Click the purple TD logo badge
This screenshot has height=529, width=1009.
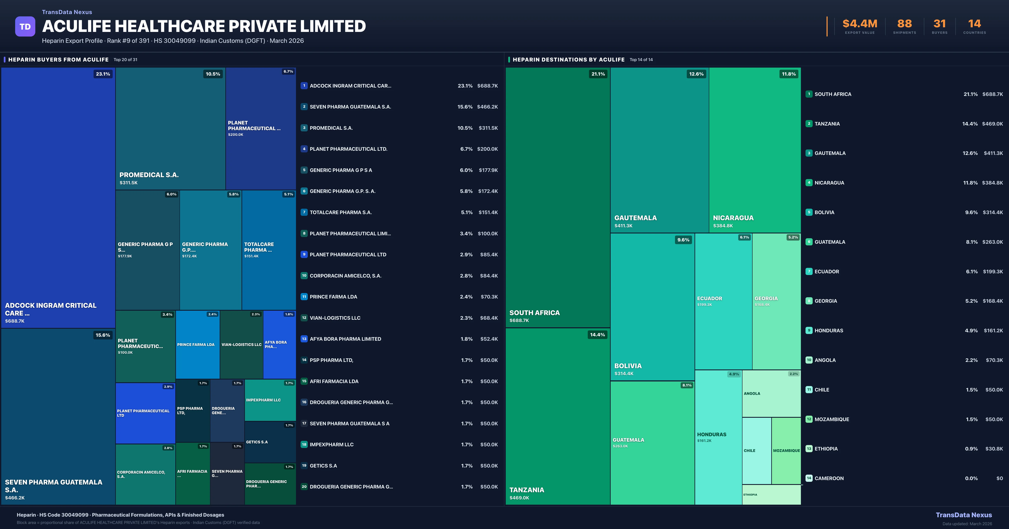pyautogui.click(x=25, y=27)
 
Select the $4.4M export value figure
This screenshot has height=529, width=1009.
pyautogui.click(x=860, y=24)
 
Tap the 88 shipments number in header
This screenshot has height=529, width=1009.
pyautogui.click(x=904, y=24)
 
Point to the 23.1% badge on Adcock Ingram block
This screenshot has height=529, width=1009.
pyautogui.click(x=103, y=74)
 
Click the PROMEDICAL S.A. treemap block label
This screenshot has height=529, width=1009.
pyautogui.click(x=149, y=175)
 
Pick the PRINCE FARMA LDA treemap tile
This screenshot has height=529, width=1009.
pyautogui.click(x=197, y=345)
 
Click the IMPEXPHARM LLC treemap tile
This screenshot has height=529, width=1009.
pyautogui.click(x=270, y=400)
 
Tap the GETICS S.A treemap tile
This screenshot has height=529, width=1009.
pyautogui.click(x=270, y=442)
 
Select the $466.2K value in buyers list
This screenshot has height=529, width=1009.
pyautogui.click(x=487, y=107)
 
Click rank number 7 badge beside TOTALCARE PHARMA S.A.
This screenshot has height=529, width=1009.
pyautogui.click(x=304, y=212)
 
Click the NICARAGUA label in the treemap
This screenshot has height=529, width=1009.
pyautogui.click(x=733, y=218)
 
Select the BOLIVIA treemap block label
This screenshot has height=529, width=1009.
pyautogui.click(x=628, y=366)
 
